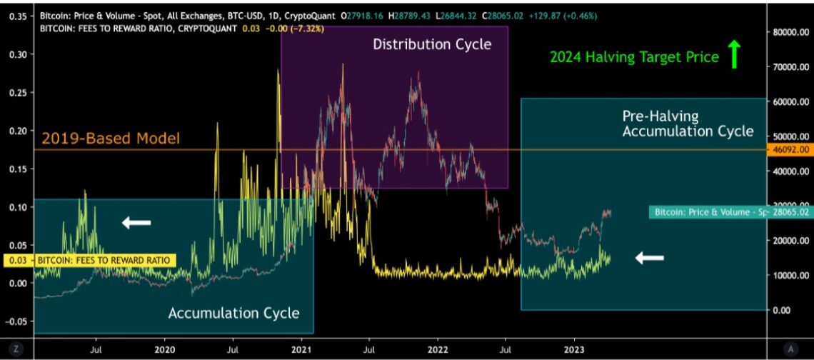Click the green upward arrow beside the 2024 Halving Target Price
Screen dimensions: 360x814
point(734,54)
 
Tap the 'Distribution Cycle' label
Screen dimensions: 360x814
point(432,44)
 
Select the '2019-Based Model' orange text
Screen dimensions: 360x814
point(110,139)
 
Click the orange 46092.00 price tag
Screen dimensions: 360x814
point(790,150)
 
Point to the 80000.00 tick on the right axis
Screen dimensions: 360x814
point(790,32)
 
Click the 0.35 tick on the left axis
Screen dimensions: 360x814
point(16,16)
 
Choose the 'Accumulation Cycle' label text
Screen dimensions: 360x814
point(233,313)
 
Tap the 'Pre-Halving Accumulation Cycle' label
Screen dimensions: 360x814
point(688,124)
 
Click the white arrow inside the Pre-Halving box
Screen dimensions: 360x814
point(650,258)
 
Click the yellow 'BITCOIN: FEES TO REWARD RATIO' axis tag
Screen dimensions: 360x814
point(89,261)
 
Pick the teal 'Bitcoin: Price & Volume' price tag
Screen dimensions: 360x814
point(729,212)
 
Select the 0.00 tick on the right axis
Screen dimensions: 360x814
point(783,310)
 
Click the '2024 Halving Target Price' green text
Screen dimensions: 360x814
point(634,57)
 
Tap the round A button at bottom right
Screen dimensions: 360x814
point(790,348)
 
